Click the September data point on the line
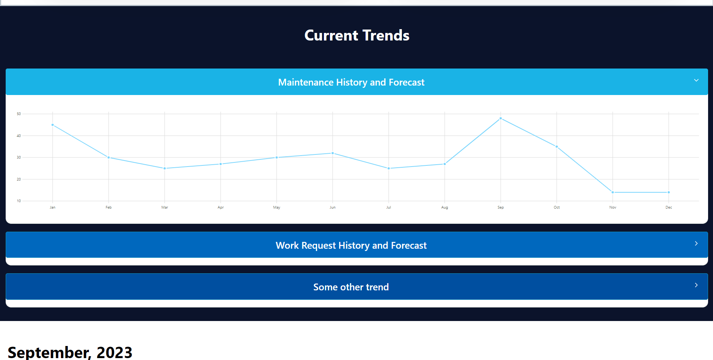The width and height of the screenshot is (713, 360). tap(501, 118)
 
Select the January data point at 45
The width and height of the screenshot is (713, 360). tap(53, 125)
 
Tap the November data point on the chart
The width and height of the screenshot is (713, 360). tap(613, 192)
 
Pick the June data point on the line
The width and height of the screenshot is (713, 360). tap(333, 153)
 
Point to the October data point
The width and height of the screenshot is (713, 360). tap(557, 146)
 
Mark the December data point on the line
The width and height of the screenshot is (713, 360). tap(669, 192)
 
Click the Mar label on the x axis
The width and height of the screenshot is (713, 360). tap(165, 207)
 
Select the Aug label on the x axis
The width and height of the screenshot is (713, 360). tap(445, 207)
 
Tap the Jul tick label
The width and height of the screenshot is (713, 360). tap(389, 207)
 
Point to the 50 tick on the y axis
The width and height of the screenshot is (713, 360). tap(19, 114)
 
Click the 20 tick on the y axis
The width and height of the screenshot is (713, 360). tap(19, 179)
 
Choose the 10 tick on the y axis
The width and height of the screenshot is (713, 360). tap(19, 201)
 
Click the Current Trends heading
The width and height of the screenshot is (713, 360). tap(357, 35)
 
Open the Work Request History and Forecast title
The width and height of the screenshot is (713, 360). tap(351, 245)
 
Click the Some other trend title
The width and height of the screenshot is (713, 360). tap(351, 287)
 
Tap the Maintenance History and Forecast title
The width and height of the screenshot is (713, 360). tap(351, 82)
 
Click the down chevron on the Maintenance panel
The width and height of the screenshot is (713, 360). tap(696, 80)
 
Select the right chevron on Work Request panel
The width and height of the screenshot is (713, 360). tap(696, 243)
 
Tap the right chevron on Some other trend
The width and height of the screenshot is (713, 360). tap(696, 285)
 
